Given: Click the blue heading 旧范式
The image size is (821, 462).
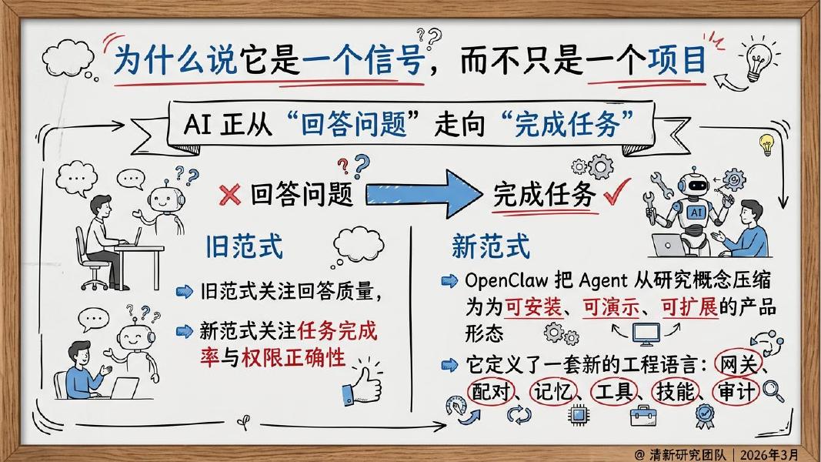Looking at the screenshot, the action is (x=244, y=247).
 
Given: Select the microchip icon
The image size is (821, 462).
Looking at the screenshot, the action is (x=576, y=417).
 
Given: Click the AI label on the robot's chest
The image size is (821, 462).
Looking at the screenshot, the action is (x=696, y=211).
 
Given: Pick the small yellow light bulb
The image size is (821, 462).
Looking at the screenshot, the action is (x=766, y=143).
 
